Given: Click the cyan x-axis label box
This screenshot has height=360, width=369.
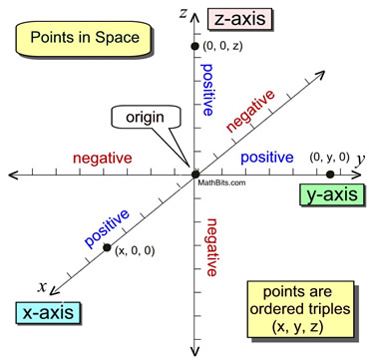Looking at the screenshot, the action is (x=47, y=313).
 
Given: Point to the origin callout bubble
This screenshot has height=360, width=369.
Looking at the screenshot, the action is (x=143, y=118).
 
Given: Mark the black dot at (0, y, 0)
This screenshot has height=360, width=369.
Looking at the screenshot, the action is (x=330, y=174).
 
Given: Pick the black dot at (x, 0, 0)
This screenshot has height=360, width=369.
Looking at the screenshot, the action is (x=108, y=245).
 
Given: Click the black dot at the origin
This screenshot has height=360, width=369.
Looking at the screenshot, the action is (x=195, y=174).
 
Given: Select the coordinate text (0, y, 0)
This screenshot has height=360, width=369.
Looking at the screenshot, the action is (x=330, y=156).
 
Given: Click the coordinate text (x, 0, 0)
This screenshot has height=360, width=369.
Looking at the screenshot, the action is (x=136, y=252).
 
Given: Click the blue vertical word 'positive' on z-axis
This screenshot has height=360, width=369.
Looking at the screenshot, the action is (x=208, y=91).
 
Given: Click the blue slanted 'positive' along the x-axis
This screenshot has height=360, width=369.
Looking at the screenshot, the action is (x=109, y=225).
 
